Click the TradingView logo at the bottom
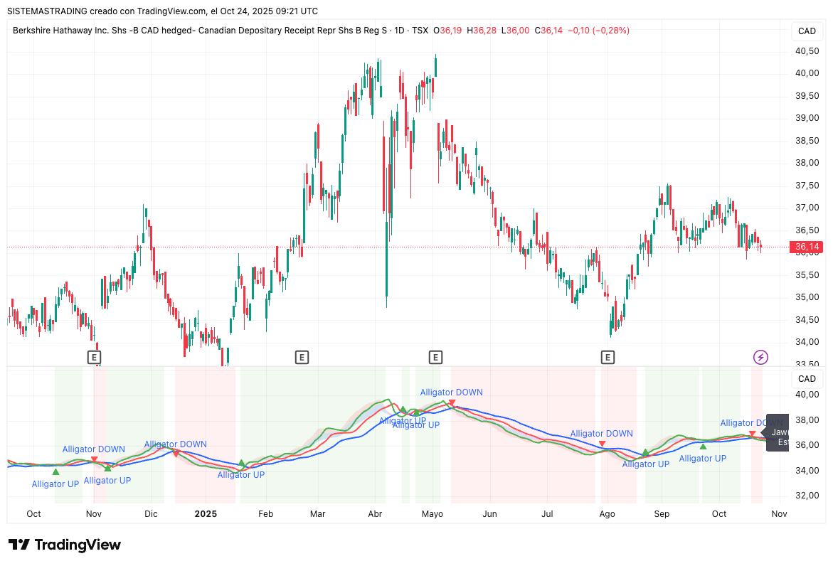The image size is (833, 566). pyautogui.click(x=65, y=545)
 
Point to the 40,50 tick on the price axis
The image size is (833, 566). pyautogui.click(x=807, y=50)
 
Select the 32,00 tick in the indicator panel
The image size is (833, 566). pyautogui.click(x=807, y=496)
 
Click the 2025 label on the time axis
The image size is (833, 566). pyautogui.click(x=206, y=513)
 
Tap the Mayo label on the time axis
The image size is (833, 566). pyautogui.click(x=432, y=513)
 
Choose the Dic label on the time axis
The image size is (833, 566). pyautogui.click(x=151, y=513)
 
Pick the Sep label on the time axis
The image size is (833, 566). pyautogui.click(x=662, y=513)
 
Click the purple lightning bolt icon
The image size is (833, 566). pyautogui.click(x=760, y=357)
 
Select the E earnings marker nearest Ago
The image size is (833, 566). pyautogui.click(x=607, y=357)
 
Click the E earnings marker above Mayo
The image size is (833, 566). pyautogui.click(x=435, y=357)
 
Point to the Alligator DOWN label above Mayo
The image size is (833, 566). pyautogui.click(x=451, y=392)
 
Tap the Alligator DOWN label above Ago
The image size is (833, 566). pyautogui.click(x=601, y=433)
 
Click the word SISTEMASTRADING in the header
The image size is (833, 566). pyautogui.click(x=48, y=11)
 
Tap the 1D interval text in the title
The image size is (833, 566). pyautogui.click(x=399, y=31)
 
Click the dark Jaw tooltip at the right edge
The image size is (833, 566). pyautogui.click(x=778, y=432)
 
